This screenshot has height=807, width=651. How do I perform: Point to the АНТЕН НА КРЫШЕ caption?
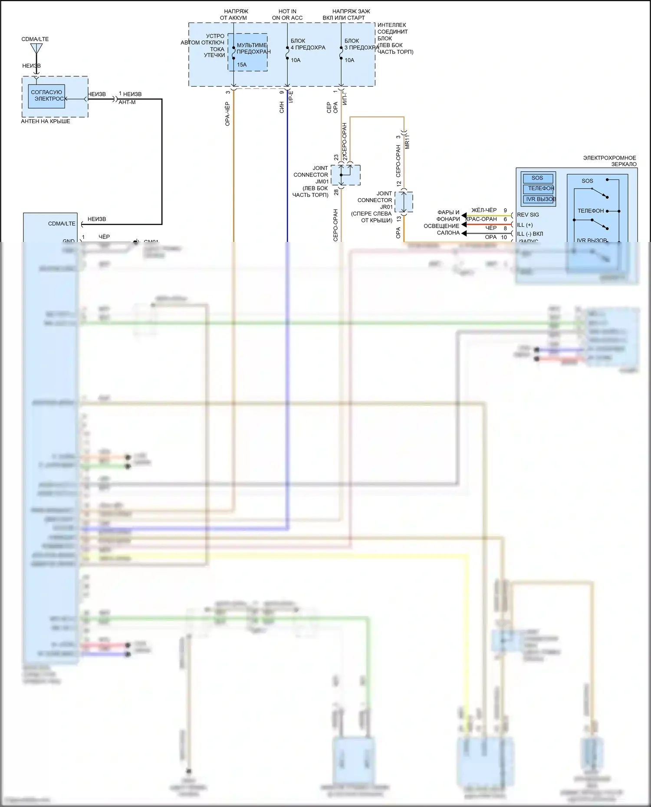tap(46, 121)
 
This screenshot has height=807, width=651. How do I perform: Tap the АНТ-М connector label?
tap(127, 102)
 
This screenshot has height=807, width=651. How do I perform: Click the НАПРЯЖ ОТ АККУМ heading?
tap(233, 14)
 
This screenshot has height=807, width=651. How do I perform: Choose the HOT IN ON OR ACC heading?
tap(287, 14)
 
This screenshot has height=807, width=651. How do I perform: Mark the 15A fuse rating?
tap(242, 65)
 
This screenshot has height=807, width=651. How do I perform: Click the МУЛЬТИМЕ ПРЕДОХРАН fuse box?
tap(248, 52)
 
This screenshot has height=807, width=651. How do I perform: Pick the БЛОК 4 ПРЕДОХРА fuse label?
tap(308, 44)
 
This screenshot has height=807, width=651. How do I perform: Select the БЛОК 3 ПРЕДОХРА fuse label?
tap(361, 44)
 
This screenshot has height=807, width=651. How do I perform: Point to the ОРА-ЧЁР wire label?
tap(227, 114)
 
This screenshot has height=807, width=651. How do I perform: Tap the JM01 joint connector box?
tap(346, 175)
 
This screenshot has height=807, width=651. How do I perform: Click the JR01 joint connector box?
tap(404, 202)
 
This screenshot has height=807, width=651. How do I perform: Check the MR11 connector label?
tap(407, 142)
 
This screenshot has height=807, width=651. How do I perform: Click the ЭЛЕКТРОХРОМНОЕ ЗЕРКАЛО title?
tap(609, 161)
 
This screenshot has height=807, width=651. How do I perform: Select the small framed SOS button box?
tap(538, 178)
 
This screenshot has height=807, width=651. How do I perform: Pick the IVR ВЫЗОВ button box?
tap(540, 199)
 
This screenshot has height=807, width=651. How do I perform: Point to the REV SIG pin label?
tap(528, 215)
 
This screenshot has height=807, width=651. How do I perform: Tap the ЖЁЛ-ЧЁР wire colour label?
tap(484, 210)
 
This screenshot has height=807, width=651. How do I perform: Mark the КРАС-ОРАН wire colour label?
tap(481, 219)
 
